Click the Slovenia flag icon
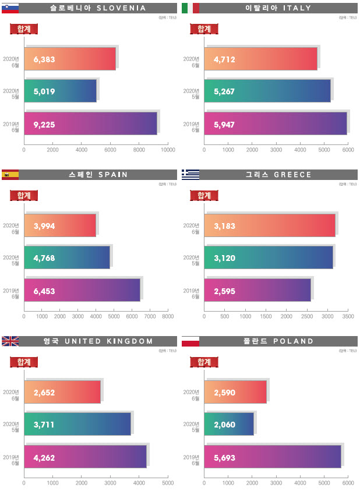[x=10, y=8]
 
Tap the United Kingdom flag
[x=10, y=341]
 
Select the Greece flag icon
[x=190, y=175]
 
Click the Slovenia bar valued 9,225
[x=90, y=124]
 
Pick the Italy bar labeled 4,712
[x=260, y=59]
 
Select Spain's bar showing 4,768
[x=66, y=257]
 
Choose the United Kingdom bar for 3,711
[x=77, y=424]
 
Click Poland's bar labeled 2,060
[x=229, y=424]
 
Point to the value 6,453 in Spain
[x=44, y=291]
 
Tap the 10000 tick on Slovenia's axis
[x=168, y=150]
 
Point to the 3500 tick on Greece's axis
[x=348, y=317]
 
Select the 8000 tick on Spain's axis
[x=168, y=317]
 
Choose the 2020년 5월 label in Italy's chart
[x=192, y=91]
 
